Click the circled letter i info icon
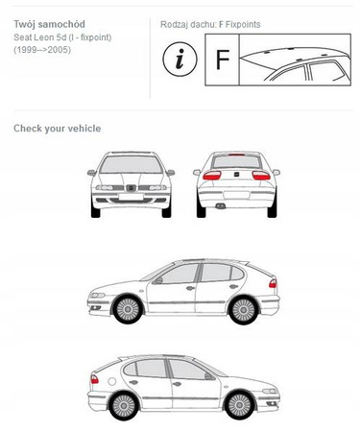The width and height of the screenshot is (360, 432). [180, 60]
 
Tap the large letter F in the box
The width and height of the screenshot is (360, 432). [223, 60]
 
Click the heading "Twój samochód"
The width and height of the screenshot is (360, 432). [49, 24]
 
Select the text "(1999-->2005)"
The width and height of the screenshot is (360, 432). [42, 50]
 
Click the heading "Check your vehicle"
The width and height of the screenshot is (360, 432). [58, 129]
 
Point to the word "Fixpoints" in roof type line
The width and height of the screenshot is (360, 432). [243, 25]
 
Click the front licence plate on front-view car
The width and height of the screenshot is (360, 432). [131, 197]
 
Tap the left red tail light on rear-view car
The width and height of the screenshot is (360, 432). [212, 175]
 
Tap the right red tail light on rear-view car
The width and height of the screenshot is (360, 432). [261, 176]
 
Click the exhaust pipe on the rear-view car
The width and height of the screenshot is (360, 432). [220, 206]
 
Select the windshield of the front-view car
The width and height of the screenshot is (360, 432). [131, 165]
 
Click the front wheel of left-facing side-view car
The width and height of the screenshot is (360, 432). [128, 310]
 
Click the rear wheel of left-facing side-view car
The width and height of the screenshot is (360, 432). [243, 310]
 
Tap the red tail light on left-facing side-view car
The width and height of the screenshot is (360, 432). [273, 283]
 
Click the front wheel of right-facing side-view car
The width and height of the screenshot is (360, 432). [240, 405]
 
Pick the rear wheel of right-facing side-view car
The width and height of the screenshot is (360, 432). [124, 406]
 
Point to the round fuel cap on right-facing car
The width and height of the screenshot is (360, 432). [112, 381]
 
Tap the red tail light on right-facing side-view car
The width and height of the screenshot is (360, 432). [94, 379]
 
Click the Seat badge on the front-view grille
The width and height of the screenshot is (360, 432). [131, 188]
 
